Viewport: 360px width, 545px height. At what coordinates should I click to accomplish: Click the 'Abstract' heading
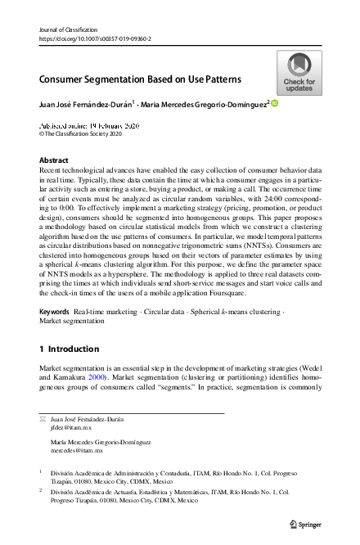point(54,160)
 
